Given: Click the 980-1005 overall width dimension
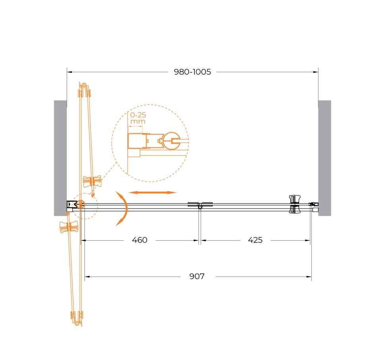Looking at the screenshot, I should (x=192, y=72).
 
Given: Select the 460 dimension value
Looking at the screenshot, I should (x=139, y=240).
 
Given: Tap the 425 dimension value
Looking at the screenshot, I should (x=255, y=240).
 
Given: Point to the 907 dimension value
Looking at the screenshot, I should (x=197, y=277).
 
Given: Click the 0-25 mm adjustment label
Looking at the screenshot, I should (x=138, y=118).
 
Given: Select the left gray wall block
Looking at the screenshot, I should (x=60, y=158).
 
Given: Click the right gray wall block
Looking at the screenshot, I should (x=324, y=158).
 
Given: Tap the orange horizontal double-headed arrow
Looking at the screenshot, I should (x=152, y=192).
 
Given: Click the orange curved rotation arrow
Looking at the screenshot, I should (x=123, y=208).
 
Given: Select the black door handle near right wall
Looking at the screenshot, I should (x=295, y=204).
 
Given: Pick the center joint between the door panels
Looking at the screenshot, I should (x=200, y=205).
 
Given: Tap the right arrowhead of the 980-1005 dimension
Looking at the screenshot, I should (x=316, y=72).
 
